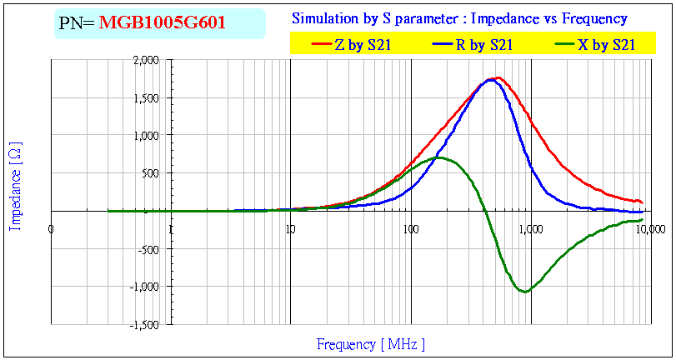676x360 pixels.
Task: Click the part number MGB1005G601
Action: point(162,22)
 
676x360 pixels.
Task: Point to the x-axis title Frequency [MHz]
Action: point(370,343)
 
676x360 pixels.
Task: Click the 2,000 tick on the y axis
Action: point(147,60)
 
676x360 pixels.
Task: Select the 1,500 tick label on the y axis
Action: point(147,97)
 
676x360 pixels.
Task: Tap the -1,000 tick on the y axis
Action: point(145,286)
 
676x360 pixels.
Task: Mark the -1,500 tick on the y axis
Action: point(145,323)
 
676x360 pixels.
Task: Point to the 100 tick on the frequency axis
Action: point(410,228)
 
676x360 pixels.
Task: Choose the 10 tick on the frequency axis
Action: point(290,228)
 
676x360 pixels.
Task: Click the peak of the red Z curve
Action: point(498,77)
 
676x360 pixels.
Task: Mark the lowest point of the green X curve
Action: point(523,292)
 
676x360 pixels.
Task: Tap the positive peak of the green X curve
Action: point(440,157)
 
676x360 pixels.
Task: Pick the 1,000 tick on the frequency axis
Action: point(529,228)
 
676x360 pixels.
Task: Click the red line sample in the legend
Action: point(321,46)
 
